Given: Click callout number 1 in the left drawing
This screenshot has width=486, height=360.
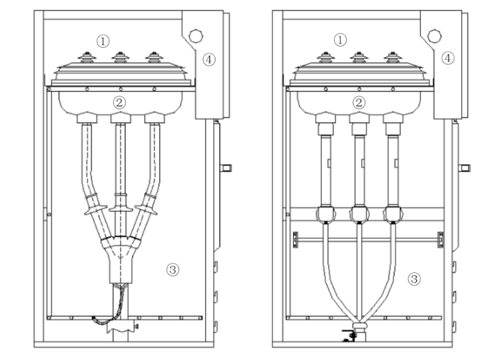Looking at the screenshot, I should pos(103,41).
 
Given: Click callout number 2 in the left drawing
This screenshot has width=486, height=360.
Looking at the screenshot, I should pos(120,103).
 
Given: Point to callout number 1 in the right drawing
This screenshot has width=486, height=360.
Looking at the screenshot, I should pos(342,39).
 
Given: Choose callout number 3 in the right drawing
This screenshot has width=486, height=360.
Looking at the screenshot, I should pos(413,279).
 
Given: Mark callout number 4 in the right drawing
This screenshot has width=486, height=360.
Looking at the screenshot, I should pos(447,57).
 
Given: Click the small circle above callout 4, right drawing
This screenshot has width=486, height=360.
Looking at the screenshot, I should pos(434,35).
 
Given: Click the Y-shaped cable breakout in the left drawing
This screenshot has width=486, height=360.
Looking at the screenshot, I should pos(120,251).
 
